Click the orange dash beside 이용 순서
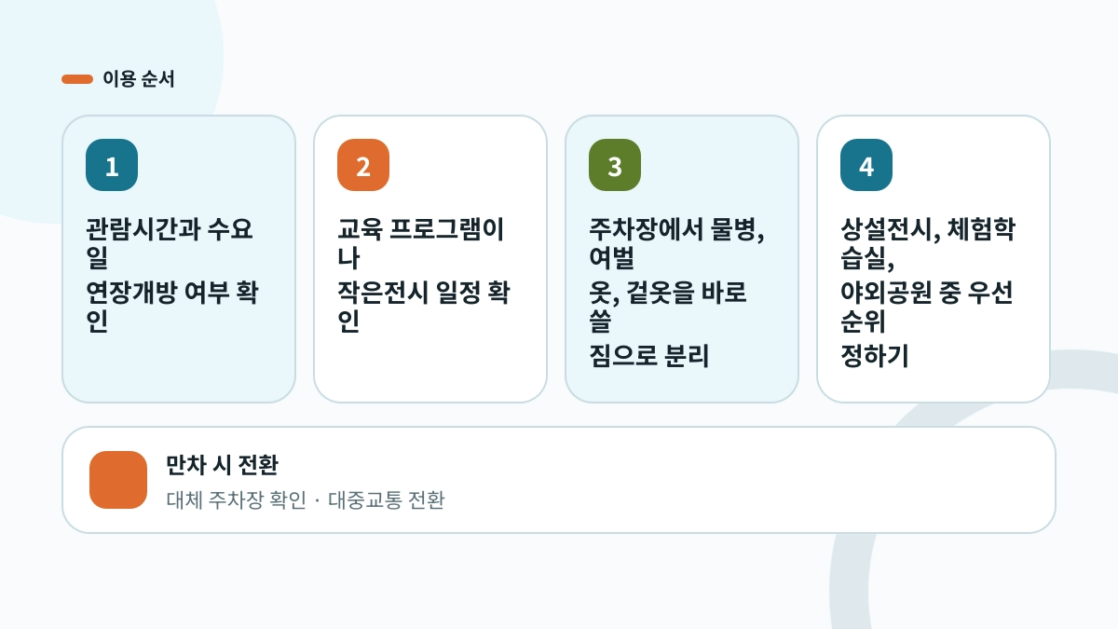click(77, 79)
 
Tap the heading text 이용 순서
click(138, 79)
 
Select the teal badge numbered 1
click(112, 165)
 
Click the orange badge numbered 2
click(363, 165)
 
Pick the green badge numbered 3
click(615, 165)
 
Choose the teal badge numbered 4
click(866, 165)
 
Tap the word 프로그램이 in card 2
click(446, 229)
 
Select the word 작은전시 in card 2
click(382, 293)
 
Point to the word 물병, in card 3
click(737, 230)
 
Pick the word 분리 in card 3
click(687, 356)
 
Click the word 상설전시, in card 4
click(891, 230)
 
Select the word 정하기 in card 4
click(875, 356)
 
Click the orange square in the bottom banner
click(118, 480)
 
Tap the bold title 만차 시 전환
click(222, 465)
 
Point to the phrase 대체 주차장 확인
click(236, 499)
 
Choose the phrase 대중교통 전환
click(386, 499)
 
